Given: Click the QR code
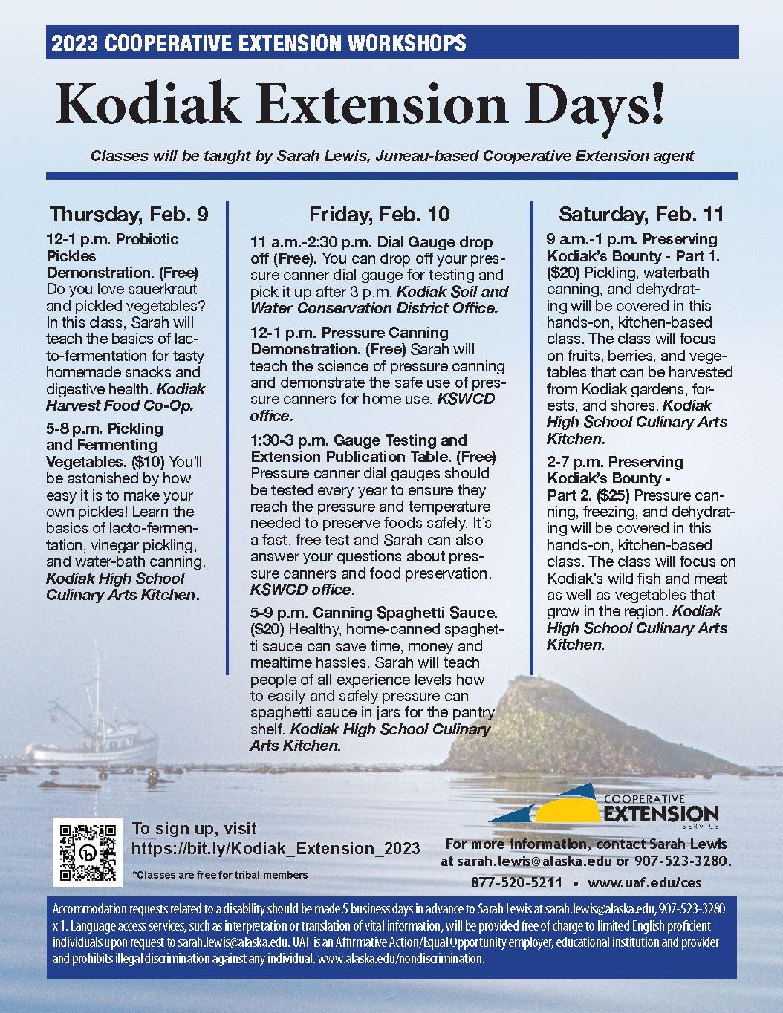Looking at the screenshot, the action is (88, 853).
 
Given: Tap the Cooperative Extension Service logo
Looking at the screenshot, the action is (603, 806).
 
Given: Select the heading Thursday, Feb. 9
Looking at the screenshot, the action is (129, 215).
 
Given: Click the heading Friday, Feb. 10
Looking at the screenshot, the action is (380, 215).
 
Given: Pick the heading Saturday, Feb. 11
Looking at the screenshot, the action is (641, 215).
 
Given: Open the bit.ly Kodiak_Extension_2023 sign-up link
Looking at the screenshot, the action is (276, 848).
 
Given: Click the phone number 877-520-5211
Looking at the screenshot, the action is (516, 883).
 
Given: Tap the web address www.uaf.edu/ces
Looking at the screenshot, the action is (644, 883).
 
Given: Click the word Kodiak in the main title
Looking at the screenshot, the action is (149, 105).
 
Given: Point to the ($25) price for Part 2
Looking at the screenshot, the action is (613, 495).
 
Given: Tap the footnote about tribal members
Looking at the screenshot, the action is (220, 875).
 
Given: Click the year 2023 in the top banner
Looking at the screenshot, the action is (74, 43).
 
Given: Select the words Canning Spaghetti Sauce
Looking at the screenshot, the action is (405, 613).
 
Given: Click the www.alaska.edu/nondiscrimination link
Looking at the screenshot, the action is (401, 959).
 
